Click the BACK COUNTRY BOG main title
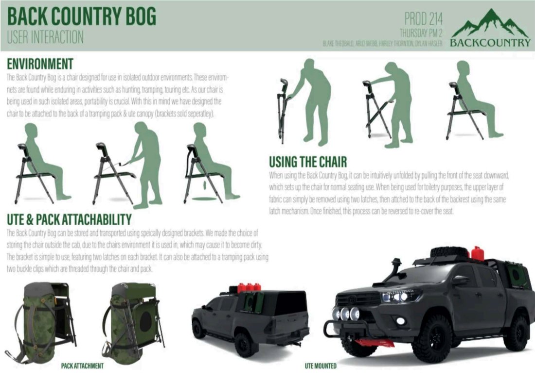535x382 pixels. coord(82,17)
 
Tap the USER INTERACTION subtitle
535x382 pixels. coord(45,37)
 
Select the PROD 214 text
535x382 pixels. coord(423,19)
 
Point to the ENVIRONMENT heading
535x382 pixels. coord(40,64)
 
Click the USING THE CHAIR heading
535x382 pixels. coord(308,162)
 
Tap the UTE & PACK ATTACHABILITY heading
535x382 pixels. coord(69,219)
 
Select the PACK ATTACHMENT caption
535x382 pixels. coord(82,366)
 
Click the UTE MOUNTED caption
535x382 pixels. coord(321,366)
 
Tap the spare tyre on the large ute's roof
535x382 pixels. coord(450,252)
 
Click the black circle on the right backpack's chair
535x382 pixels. coord(146,321)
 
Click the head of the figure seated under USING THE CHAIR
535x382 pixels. coord(463,68)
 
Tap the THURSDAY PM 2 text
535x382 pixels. coord(421,33)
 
